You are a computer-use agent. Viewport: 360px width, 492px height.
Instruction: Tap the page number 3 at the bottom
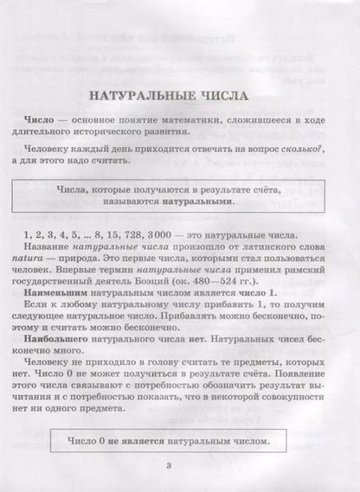180,468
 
